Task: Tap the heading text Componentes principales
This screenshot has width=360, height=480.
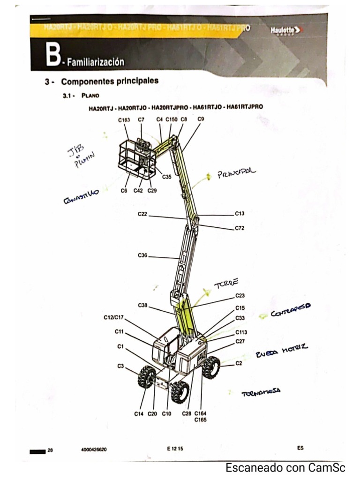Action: click(x=110, y=81)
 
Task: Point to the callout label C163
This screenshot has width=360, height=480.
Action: click(x=124, y=120)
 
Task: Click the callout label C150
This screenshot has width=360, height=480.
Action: click(x=171, y=120)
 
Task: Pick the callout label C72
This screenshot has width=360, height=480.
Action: click(x=240, y=228)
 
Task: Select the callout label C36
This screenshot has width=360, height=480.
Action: click(x=142, y=255)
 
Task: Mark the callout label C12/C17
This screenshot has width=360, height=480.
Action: click(x=113, y=317)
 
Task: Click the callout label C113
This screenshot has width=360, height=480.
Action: click(x=241, y=332)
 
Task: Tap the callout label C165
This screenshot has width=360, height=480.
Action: click(x=200, y=420)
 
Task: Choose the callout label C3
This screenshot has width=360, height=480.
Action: click(x=120, y=366)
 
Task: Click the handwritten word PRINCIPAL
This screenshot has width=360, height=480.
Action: click(x=237, y=173)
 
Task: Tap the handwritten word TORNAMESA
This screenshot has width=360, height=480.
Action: click(x=261, y=393)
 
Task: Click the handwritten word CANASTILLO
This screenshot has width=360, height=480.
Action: click(x=80, y=197)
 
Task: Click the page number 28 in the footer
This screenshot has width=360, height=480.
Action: click(x=50, y=449)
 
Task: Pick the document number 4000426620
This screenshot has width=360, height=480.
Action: click(x=94, y=449)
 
